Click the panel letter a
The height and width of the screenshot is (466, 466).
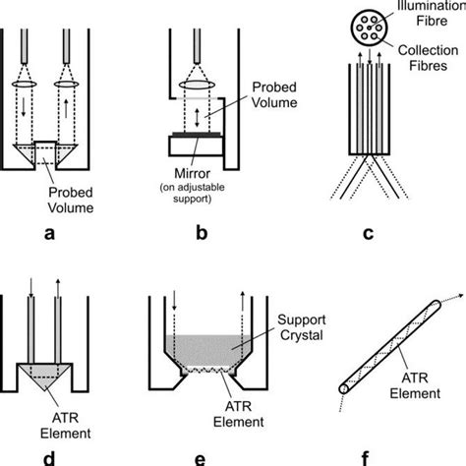(49, 234)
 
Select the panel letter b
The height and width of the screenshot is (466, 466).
(202, 232)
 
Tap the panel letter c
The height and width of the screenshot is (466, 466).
(369, 234)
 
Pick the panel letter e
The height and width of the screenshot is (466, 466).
(200, 460)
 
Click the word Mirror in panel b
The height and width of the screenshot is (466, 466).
(192, 173)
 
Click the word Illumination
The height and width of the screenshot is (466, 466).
(432, 6)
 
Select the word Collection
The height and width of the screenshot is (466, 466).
(428, 50)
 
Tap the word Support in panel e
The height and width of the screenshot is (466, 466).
(302, 320)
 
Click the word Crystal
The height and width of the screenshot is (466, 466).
(302, 335)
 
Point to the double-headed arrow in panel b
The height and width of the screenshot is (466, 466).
(197, 118)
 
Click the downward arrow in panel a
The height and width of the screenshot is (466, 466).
(24, 107)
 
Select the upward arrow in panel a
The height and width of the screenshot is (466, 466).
(66, 109)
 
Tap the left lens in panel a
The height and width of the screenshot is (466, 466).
(25, 84)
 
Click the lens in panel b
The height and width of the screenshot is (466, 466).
(197, 85)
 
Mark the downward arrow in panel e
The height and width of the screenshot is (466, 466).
(174, 300)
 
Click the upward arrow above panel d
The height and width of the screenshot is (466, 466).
(58, 288)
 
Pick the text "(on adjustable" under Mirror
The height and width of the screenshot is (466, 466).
(193, 188)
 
